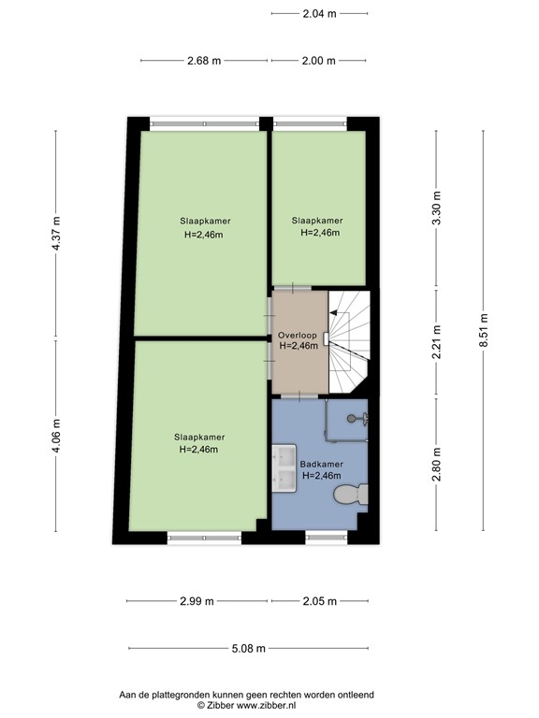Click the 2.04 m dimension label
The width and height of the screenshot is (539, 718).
pyautogui.click(x=318, y=13)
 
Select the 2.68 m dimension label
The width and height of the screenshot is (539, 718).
pyautogui.click(x=204, y=61)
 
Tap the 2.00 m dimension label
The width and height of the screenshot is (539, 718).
pyautogui.click(x=318, y=61)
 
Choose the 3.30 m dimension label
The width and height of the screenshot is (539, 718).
pyautogui.click(x=436, y=208)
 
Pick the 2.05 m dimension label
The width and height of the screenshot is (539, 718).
pyautogui.click(x=318, y=601)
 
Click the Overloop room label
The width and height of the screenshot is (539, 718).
pyautogui.click(x=298, y=336)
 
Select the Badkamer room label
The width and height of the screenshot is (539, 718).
pyautogui.click(x=320, y=464)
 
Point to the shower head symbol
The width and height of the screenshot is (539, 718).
pyautogui.click(x=355, y=418)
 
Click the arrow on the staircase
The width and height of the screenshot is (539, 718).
pyautogui.click(x=334, y=311)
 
